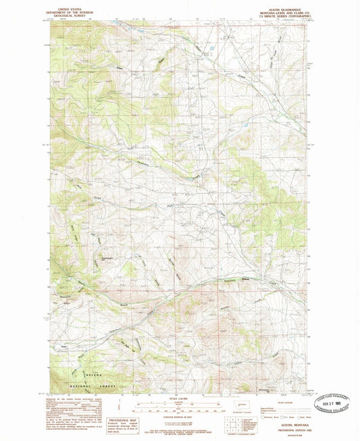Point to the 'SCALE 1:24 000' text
click(179, 398)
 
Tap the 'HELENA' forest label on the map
click(95, 374)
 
